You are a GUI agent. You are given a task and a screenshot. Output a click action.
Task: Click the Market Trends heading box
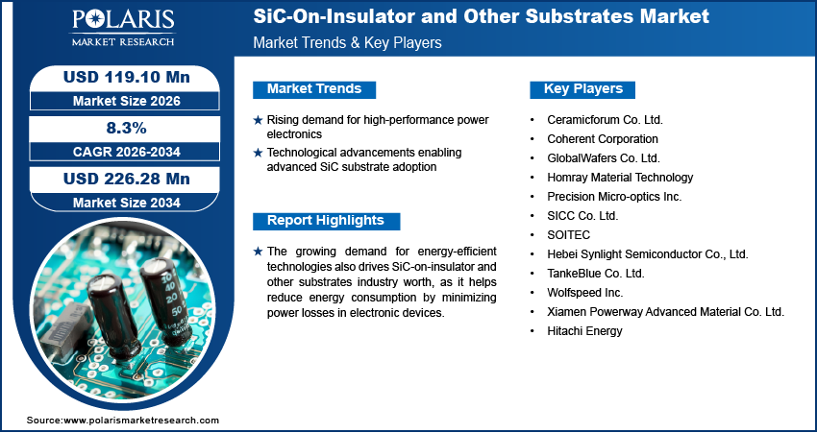(x=313, y=89)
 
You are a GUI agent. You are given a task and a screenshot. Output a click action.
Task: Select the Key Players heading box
(x=582, y=89)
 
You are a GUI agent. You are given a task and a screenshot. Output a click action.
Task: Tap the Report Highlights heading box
(x=325, y=221)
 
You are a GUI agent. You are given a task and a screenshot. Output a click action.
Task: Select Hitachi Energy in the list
(x=585, y=330)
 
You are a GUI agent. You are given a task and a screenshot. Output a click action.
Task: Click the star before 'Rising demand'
(x=258, y=120)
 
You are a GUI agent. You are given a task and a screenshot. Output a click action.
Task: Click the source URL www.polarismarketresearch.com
(x=141, y=421)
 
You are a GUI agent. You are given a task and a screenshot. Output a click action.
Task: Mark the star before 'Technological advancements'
(x=258, y=153)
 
